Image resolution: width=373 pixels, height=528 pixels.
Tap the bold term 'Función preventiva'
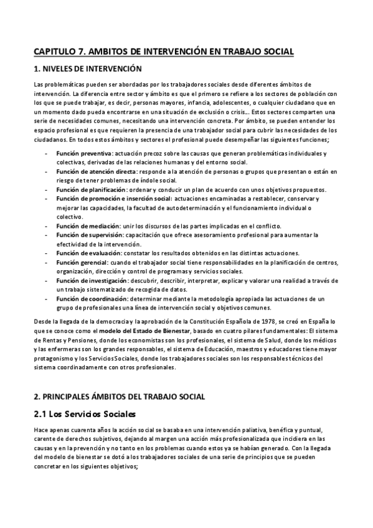84,153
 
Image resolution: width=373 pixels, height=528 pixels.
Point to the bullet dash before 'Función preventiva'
47,153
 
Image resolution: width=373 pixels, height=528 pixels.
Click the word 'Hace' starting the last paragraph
40,430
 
